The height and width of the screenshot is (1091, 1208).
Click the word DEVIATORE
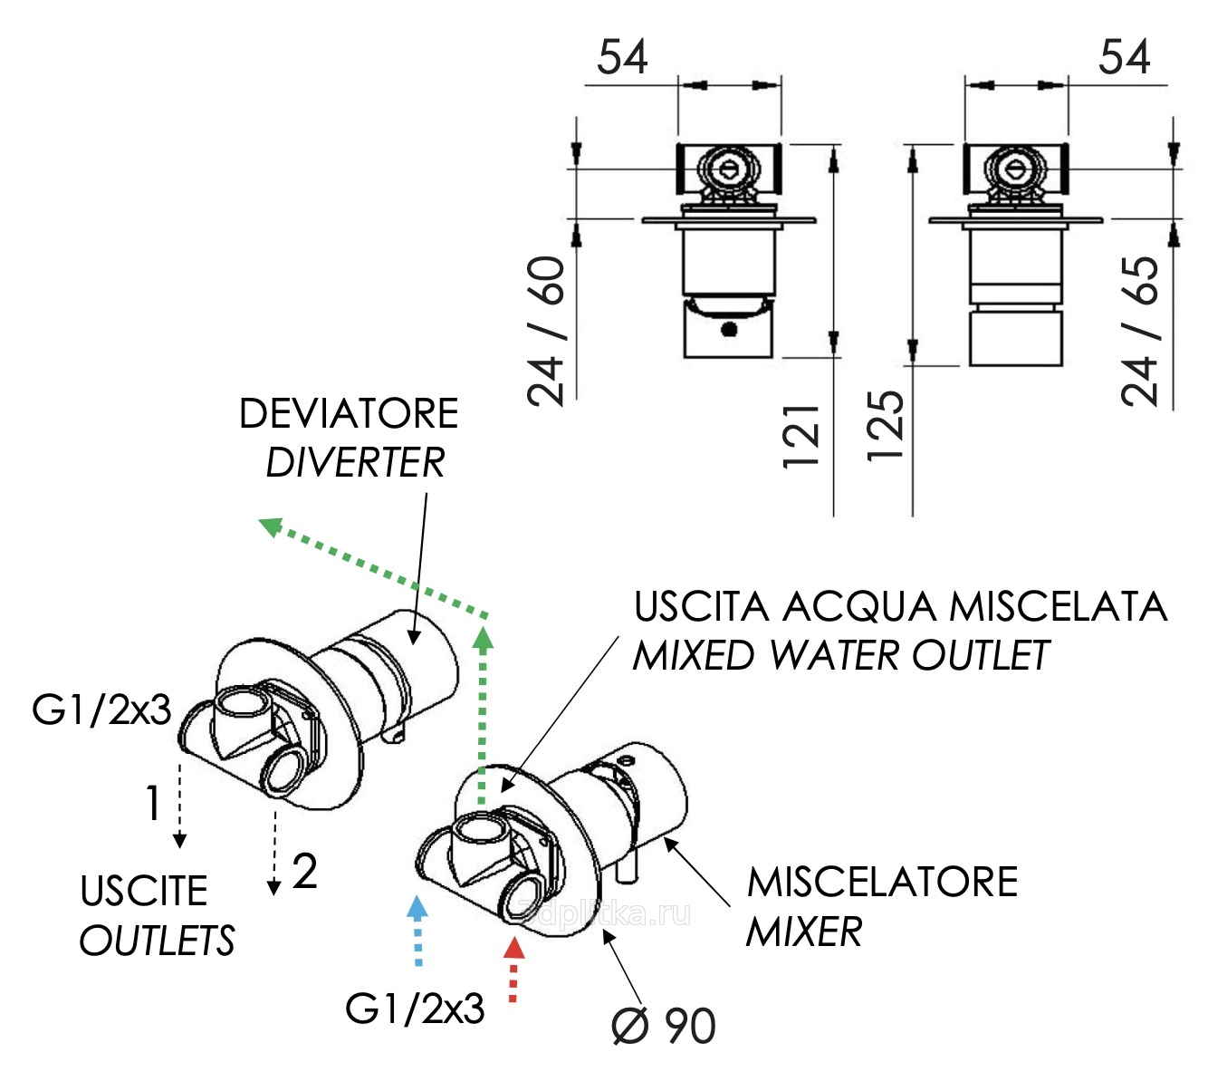(349, 414)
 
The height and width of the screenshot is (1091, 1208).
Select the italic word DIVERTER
(355, 463)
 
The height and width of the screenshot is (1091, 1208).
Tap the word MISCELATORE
(882, 882)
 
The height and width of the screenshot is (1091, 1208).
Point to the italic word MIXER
(804, 932)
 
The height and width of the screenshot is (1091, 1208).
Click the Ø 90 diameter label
(664, 1026)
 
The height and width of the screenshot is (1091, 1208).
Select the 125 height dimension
(886, 426)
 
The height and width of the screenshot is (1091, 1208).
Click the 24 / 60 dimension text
(547, 331)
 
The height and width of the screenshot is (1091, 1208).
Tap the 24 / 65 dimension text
(1140, 331)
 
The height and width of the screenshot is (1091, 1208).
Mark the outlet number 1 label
(152, 803)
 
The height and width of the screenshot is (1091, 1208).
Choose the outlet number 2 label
(305, 872)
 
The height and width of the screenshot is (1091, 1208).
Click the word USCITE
(144, 891)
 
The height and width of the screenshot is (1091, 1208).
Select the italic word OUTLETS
(157, 941)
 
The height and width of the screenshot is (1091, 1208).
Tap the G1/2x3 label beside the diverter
(101, 710)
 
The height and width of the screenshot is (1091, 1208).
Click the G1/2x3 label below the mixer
(415, 1009)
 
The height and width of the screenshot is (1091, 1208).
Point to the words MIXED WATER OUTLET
(840, 655)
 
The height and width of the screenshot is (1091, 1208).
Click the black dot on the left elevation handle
(729, 329)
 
